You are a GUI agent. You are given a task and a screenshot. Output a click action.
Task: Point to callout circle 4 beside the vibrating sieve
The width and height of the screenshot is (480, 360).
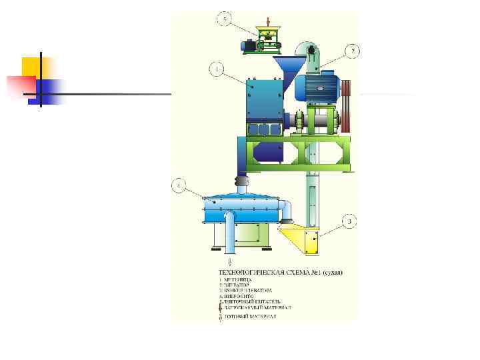(x=178, y=185)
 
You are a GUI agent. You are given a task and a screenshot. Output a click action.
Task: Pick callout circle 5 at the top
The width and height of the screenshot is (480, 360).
(x=226, y=19)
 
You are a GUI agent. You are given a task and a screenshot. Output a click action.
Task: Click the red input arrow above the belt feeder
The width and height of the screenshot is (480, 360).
(x=268, y=20)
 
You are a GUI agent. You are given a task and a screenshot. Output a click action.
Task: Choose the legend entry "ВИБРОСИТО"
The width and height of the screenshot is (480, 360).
(x=238, y=297)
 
